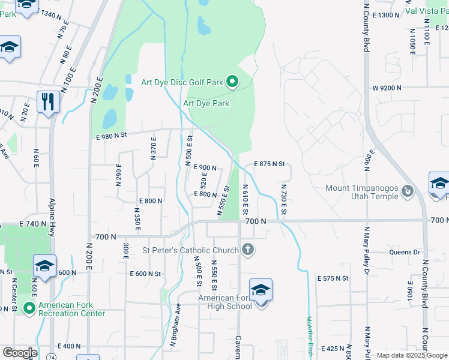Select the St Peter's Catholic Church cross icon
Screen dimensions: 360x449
pyautogui.click(x=247, y=250)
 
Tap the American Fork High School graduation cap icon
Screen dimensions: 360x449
pyautogui.click(x=261, y=290)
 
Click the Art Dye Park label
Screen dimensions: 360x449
pyautogui.click(x=206, y=103)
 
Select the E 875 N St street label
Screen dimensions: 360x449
pyautogui.click(x=268, y=164)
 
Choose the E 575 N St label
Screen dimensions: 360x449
pyautogui.click(x=333, y=278)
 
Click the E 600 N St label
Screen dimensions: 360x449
pyautogui.click(x=146, y=274)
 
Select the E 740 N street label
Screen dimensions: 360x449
pyautogui.click(x=32, y=223)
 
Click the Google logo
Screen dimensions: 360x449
pyautogui.click(x=20, y=353)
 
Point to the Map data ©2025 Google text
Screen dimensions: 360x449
pyautogui.click(x=412, y=355)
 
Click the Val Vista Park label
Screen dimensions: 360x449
pyautogui.click(x=427, y=11)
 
